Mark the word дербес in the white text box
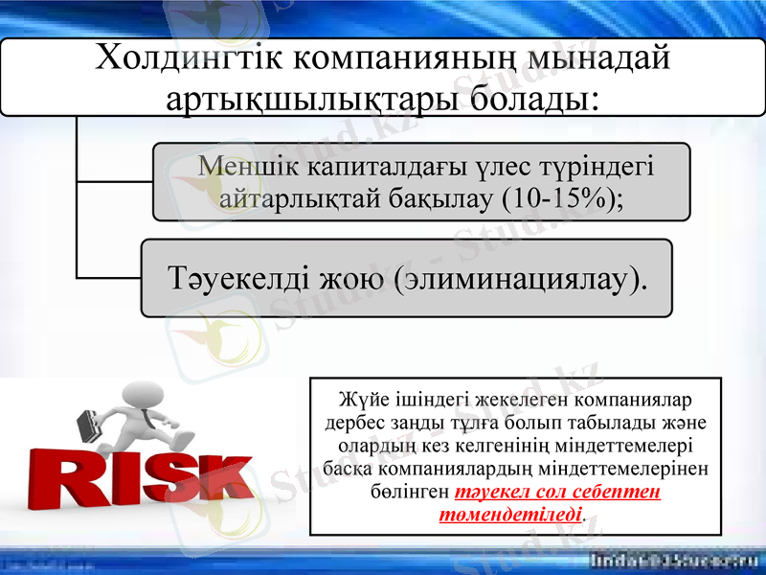(349, 421)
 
